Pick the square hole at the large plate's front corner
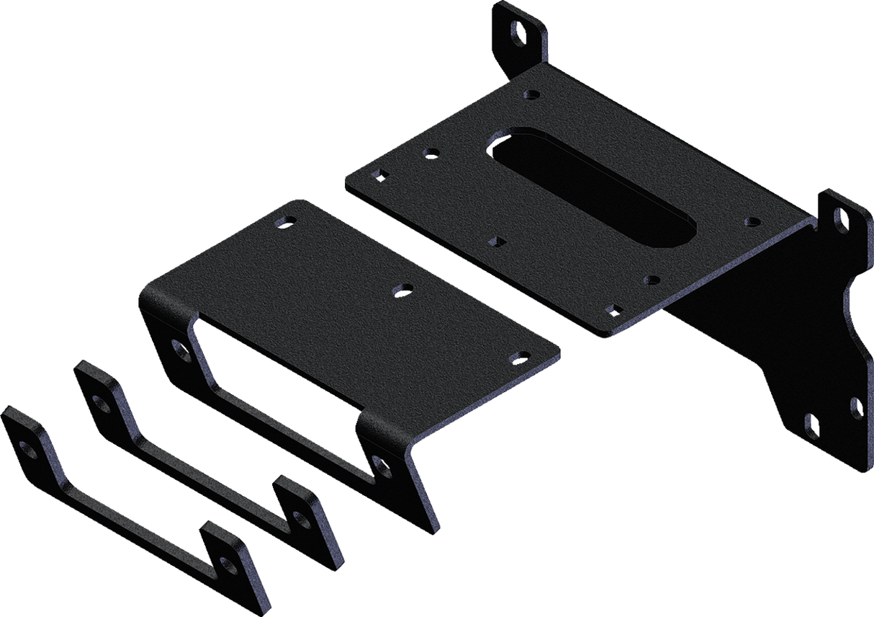tap(613, 309)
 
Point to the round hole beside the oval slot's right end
tap(752, 222)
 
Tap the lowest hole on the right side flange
tap(811, 423)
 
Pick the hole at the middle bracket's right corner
tap(516, 357)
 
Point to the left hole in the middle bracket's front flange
tap(180, 349)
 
